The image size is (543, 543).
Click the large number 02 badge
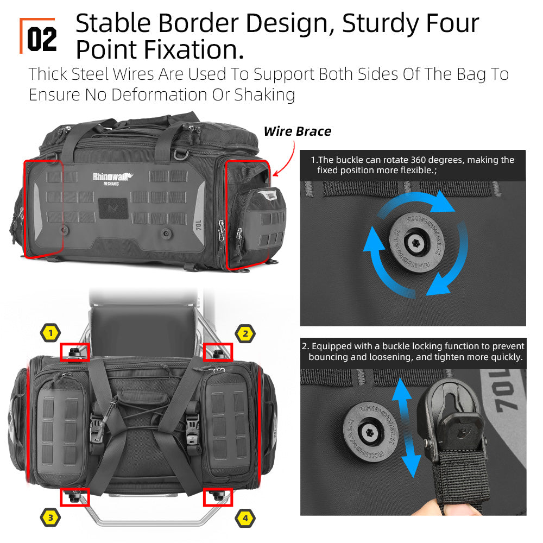42,39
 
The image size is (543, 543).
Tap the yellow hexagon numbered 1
50,333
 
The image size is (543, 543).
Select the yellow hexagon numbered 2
245,334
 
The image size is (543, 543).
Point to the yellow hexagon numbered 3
50,517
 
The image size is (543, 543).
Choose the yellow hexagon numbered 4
245,518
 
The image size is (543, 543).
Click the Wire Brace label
298,131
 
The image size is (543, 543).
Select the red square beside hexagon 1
75,352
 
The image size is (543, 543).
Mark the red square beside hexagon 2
218,352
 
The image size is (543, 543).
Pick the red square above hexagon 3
75,497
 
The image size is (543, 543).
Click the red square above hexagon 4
218,497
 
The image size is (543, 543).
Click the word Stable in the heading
113,23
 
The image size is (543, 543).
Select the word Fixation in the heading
194,49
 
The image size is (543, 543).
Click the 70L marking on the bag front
198,225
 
